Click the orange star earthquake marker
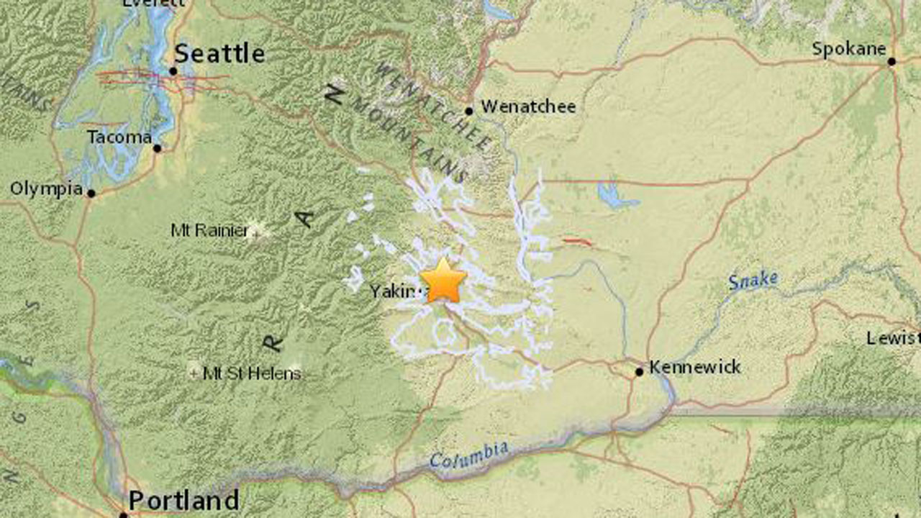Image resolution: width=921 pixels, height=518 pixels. pos(443,281)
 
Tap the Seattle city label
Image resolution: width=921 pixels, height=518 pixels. pos(219,53)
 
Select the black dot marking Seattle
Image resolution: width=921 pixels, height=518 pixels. pos(173,71)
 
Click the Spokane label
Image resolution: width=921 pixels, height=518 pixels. pos(848,49)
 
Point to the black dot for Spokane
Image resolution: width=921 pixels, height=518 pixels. pos(891,62)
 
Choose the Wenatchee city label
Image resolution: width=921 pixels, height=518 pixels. pos(528,107)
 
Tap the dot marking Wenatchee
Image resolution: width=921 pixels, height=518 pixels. pos(468,111)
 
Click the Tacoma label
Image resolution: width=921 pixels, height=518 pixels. pos(119,137)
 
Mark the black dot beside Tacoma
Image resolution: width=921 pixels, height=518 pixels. pos(157,148)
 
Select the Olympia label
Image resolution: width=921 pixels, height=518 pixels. pos(46,188)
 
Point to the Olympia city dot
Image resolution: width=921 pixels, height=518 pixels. pos(91,193)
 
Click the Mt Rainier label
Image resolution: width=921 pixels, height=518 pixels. pos(209,230)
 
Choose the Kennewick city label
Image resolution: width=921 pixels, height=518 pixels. pos(694,367)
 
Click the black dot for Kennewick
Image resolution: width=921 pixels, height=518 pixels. pos(639,372)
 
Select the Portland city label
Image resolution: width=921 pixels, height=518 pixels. pos(183,500)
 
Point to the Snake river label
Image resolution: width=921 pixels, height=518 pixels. pos(753,280)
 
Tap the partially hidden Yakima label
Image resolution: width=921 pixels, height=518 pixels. pos(394,291)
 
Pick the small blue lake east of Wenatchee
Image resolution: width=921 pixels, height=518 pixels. pos(611,195)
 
